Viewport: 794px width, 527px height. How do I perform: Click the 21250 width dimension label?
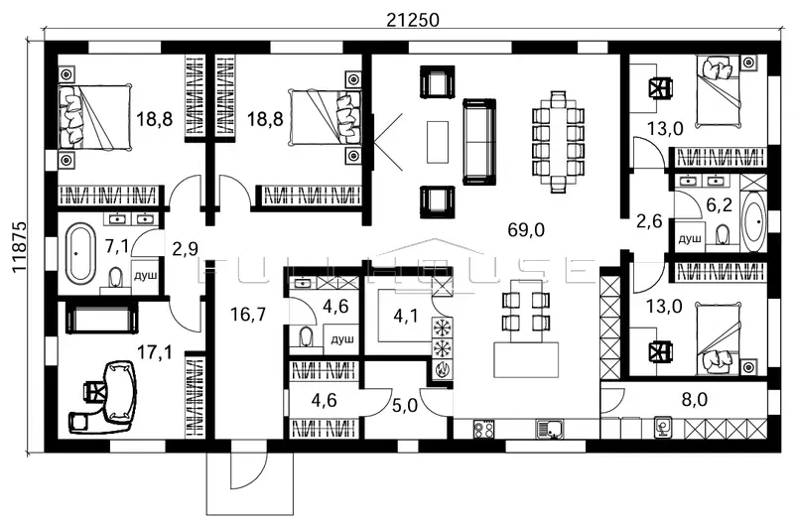pyautogui.click(x=413, y=20)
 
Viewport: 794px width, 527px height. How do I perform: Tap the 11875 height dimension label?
pyautogui.click(x=20, y=246)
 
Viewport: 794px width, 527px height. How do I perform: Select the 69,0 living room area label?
pyautogui.click(x=526, y=230)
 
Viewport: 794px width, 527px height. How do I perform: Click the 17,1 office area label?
pyautogui.click(x=155, y=352)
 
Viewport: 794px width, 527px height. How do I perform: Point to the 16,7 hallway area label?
pyautogui.click(x=247, y=315)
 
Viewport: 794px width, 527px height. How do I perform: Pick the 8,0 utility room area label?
pyautogui.click(x=695, y=399)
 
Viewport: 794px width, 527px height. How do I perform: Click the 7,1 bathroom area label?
pyautogui.click(x=116, y=246)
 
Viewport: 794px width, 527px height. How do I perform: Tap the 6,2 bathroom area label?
pyautogui.click(x=719, y=205)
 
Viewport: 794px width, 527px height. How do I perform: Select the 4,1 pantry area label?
pyautogui.click(x=406, y=317)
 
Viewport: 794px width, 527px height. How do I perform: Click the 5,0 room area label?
pyautogui.click(x=405, y=406)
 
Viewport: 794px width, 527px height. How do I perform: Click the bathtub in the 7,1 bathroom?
pyautogui.click(x=80, y=254)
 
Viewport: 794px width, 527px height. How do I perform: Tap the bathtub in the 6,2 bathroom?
pyautogui.click(x=753, y=222)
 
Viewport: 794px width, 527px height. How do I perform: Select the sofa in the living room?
pyautogui.click(x=479, y=142)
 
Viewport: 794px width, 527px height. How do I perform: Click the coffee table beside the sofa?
pyautogui.click(x=438, y=142)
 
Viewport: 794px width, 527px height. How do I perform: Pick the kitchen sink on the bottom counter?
pyautogui.click(x=550, y=430)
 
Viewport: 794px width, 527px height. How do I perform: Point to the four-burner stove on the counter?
pyautogui.click(x=483, y=430)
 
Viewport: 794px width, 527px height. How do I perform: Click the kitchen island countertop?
pyautogui.click(x=526, y=360)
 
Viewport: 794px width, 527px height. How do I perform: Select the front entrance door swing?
pyautogui.click(x=248, y=470)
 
